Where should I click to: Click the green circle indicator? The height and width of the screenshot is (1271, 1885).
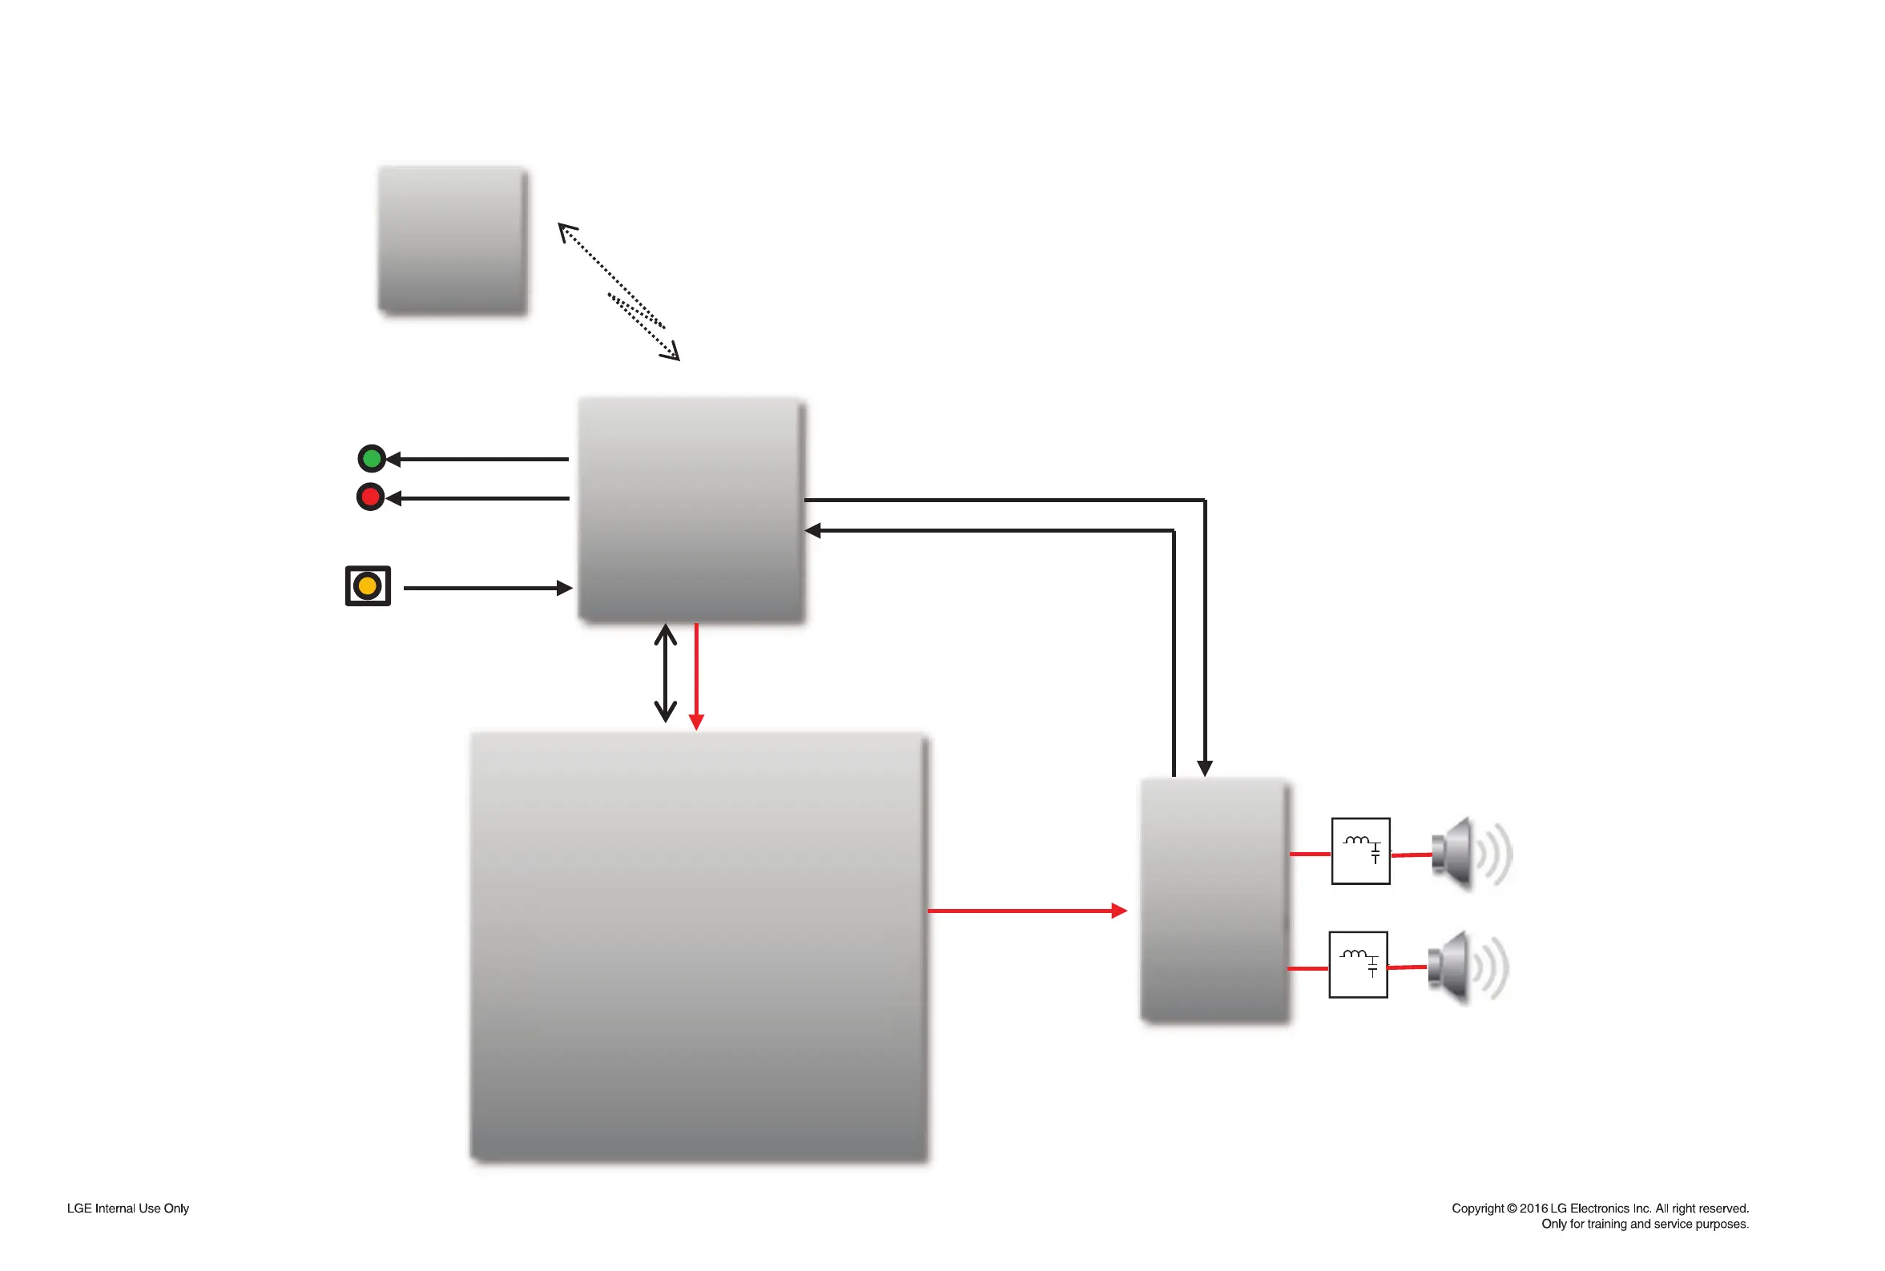tap(372, 459)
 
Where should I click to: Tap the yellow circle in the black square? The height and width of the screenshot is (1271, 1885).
tap(367, 586)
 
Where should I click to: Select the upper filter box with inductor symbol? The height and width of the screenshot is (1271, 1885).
tap(1360, 851)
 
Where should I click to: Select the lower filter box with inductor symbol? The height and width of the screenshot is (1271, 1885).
tap(1358, 964)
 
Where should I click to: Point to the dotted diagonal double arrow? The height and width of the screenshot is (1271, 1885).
tap(618, 291)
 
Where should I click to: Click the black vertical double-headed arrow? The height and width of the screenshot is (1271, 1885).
tap(666, 673)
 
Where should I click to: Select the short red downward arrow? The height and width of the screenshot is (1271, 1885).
tap(696, 676)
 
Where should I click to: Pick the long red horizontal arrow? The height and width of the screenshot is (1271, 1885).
tap(1025, 911)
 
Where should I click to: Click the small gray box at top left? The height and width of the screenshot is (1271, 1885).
tap(453, 239)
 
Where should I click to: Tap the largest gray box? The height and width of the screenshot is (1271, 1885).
tap(699, 947)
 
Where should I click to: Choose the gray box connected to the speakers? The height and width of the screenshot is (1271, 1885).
tap(1214, 899)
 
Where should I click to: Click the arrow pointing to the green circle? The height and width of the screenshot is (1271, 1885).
tap(478, 460)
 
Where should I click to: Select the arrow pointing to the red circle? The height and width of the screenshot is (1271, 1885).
tap(478, 498)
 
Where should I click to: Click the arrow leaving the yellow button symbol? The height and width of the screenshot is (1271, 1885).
tap(487, 589)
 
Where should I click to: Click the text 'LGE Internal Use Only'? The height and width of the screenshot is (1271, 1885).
tap(128, 1209)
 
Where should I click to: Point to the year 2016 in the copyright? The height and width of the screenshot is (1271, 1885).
tap(1533, 1209)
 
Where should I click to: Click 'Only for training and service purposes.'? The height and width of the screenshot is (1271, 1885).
tap(1644, 1224)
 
